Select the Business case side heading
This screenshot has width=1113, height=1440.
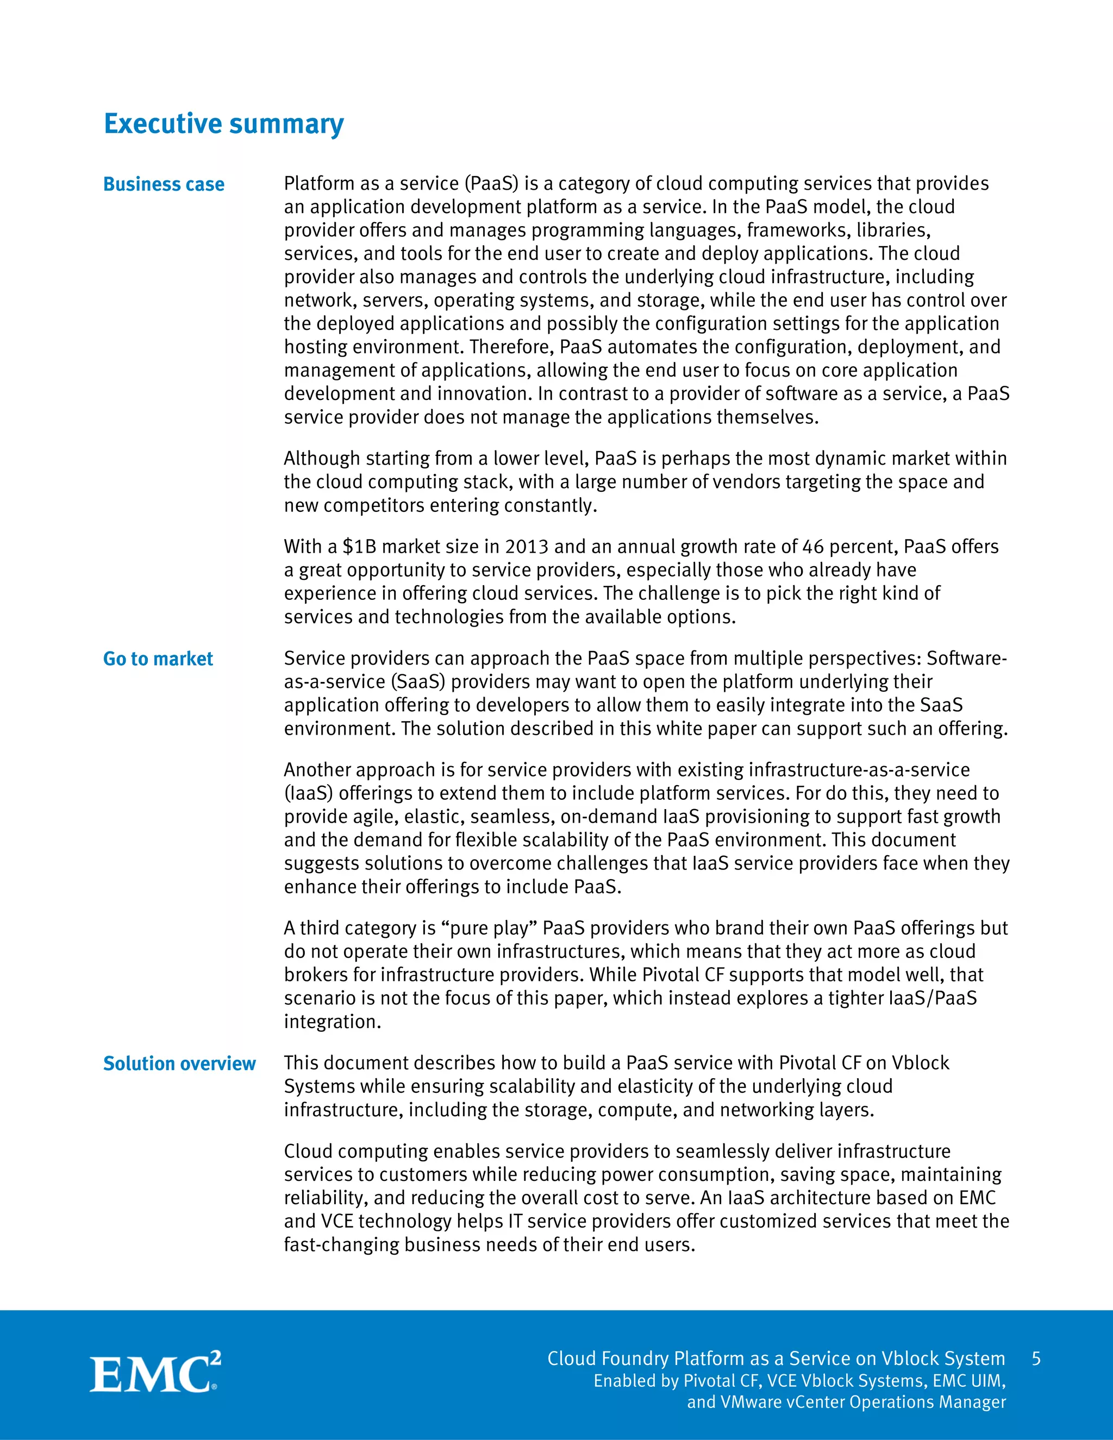coord(164,184)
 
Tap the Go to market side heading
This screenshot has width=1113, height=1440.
coord(158,659)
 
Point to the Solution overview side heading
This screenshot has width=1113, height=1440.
coord(179,1063)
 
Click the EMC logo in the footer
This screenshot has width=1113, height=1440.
coord(155,1372)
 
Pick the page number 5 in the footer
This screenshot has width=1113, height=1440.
coord(1036,1358)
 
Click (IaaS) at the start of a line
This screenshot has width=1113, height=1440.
coord(308,793)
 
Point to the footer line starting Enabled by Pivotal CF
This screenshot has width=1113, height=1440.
coord(799,1381)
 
